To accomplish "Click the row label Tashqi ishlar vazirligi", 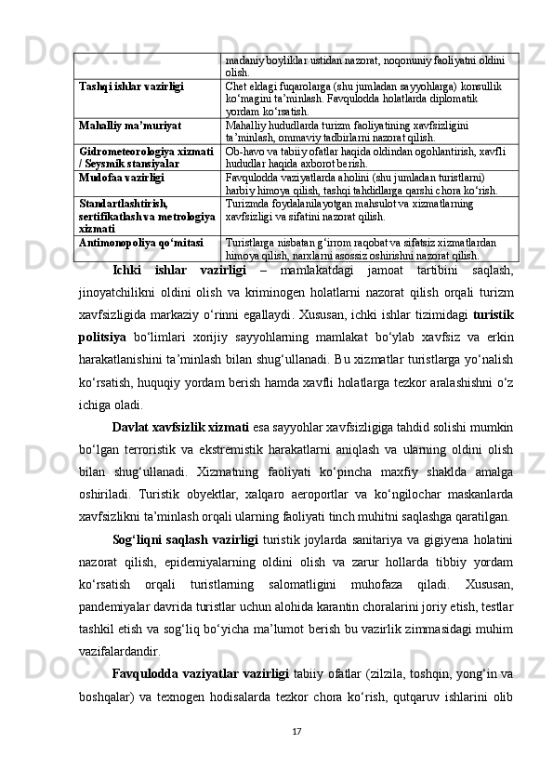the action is tap(130, 85).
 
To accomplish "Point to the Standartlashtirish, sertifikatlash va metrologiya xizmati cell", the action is tap(147, 213).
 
